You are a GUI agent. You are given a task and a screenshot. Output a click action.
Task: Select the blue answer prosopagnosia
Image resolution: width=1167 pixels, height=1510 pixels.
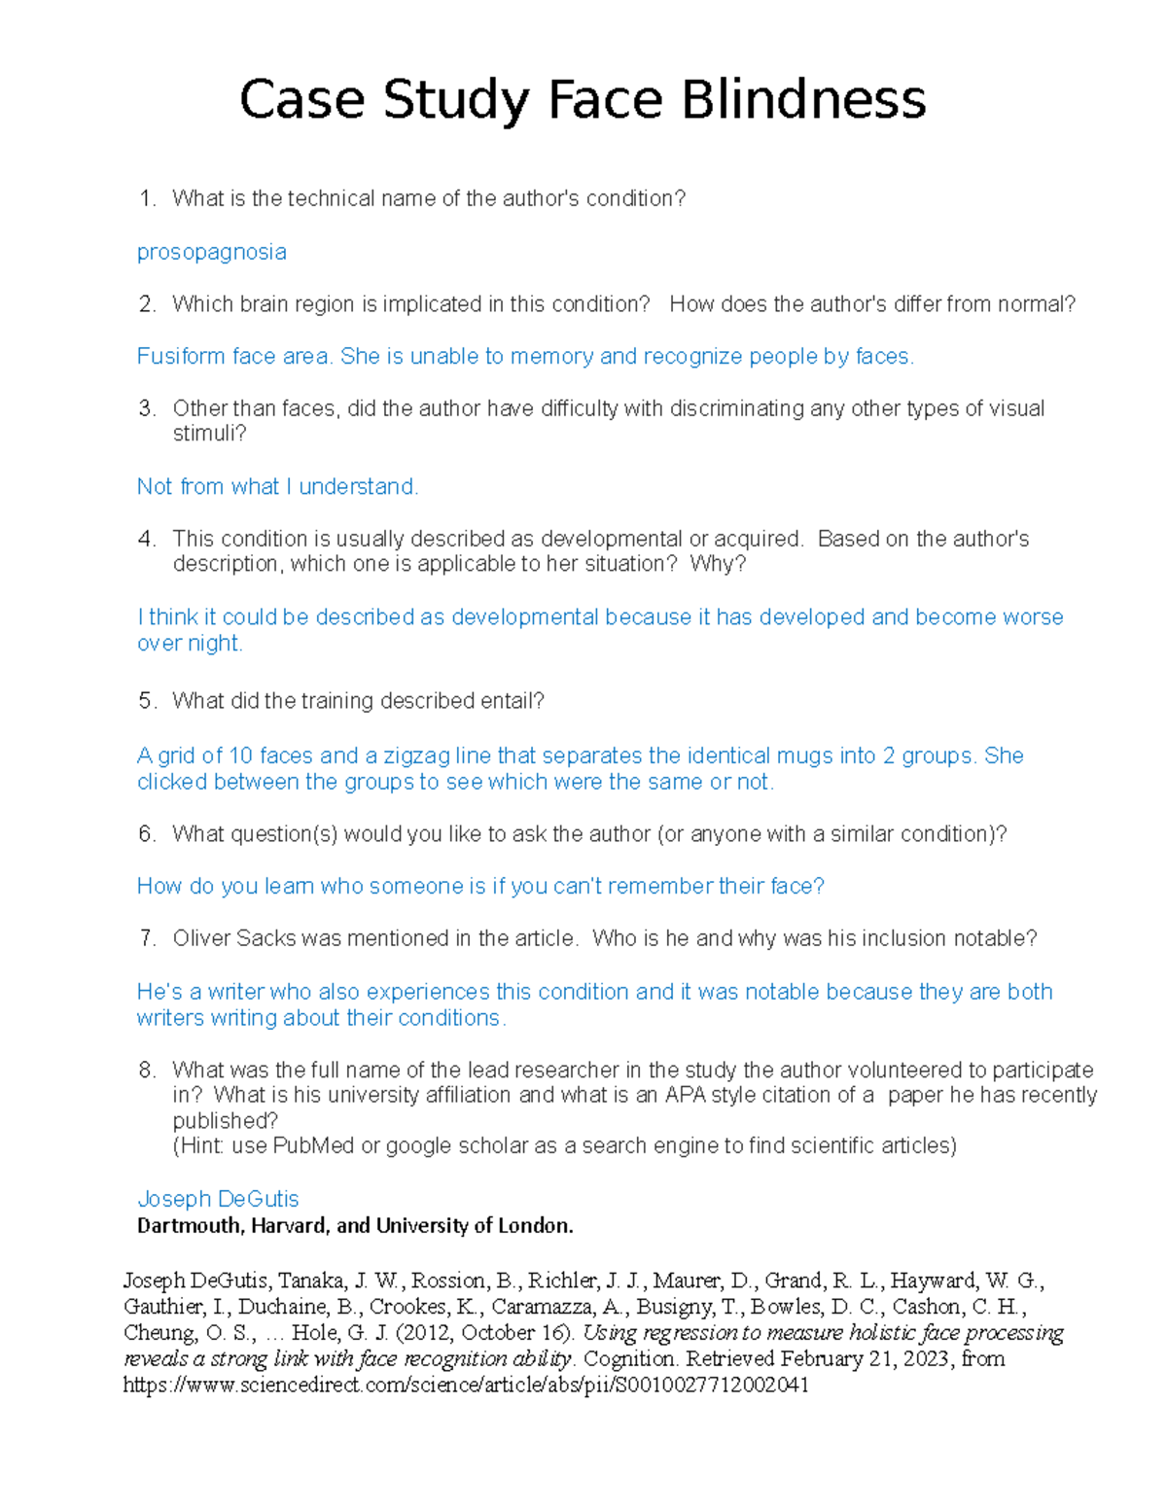point(211,253)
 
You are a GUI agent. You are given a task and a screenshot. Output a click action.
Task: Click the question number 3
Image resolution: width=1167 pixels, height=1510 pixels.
point(147,408)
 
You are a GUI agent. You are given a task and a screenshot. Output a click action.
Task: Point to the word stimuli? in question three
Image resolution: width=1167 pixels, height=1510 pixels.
point(209,434)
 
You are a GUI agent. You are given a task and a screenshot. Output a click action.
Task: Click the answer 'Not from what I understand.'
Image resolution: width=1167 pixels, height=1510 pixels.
point(277,487)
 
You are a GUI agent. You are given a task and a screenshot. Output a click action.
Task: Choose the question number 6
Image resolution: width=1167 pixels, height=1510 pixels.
point(147,834)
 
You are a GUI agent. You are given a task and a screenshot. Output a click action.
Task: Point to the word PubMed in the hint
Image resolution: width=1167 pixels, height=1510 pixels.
point(313,1146)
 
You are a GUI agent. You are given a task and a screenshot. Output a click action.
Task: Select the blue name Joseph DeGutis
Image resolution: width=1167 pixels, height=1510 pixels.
point(218,1199)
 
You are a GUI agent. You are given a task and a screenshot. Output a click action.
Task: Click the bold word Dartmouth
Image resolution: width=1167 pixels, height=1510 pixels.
point(190,1226)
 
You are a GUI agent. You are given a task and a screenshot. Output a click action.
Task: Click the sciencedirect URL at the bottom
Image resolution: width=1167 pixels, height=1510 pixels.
point(466,1385)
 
